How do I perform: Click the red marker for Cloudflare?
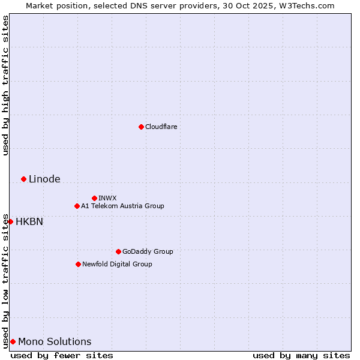141,127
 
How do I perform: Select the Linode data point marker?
23,179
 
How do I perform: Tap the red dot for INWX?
94,198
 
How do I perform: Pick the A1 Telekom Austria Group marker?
77,206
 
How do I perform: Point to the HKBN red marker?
10,221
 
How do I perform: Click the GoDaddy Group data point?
118,251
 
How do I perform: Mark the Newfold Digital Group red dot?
78,264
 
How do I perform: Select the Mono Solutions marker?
13,341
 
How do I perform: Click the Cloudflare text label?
161,127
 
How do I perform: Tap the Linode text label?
44,179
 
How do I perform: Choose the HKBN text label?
29,221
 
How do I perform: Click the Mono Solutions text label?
55,341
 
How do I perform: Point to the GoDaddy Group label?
148,251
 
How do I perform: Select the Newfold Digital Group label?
117,264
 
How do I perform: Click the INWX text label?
107,198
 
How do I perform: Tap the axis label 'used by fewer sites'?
62,355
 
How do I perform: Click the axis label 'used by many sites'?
301,355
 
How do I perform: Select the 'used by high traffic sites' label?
5,85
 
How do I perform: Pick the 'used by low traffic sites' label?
5,281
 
